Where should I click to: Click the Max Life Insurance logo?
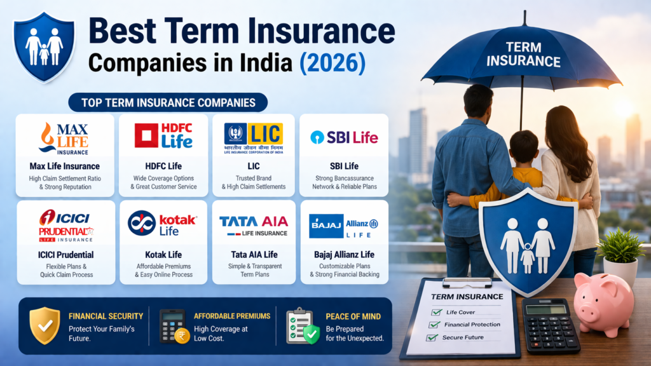point(65,138)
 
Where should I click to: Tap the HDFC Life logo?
point(164,136)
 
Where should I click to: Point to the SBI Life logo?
point(344,137)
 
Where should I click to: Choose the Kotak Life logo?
point(163,223)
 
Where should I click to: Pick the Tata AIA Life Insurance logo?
point(254,226)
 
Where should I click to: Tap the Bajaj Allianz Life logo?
point(344,226)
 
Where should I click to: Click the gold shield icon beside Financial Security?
point(45,326)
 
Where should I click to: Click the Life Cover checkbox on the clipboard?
point(436,312)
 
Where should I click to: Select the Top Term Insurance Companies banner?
point(168,102)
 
